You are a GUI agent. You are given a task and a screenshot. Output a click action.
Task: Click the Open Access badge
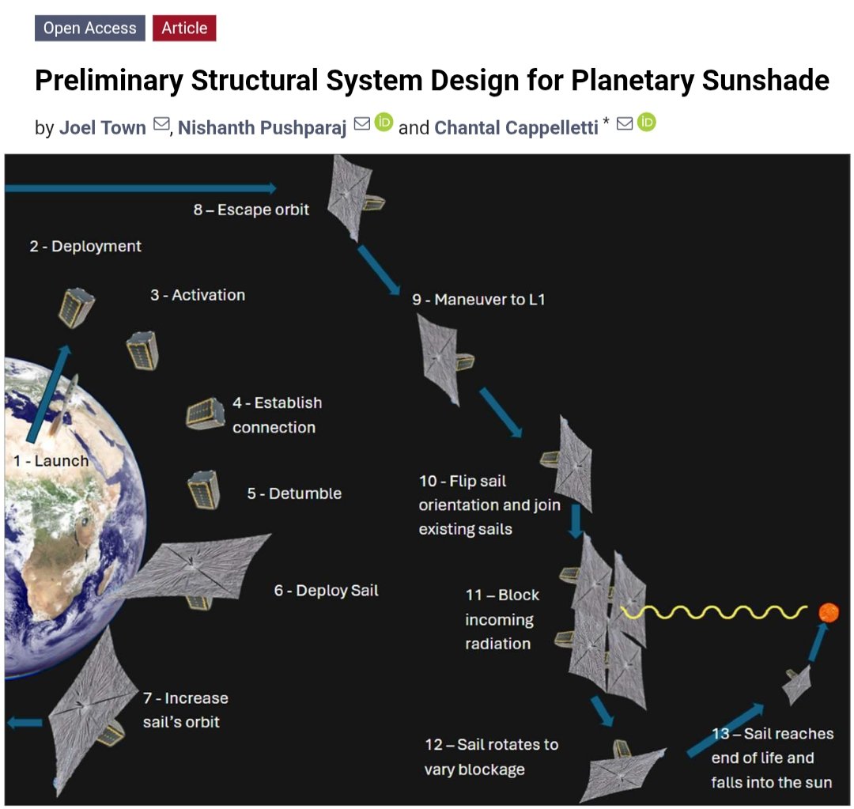tap(89, 28)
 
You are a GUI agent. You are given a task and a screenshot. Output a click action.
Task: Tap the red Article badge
tap(184, 28)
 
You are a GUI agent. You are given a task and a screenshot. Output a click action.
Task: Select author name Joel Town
tap(102, 127)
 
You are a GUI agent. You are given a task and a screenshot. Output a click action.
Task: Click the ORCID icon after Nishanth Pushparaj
tap(384, 123)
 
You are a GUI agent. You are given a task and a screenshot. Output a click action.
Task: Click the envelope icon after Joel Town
tap(161, 124)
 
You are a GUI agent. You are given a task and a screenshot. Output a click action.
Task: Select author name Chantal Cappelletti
tap(516, 127)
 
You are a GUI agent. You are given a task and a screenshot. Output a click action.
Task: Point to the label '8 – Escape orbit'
tap(251, 210)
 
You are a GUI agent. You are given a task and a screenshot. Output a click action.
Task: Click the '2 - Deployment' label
tap(85, 246)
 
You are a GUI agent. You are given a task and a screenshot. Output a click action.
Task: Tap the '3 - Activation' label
tap(198, 295)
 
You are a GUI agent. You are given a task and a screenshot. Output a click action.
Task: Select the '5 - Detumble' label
tap(294, 493)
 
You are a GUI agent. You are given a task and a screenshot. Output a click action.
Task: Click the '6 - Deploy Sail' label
tap(326, 591)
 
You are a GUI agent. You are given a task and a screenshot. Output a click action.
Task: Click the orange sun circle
tap(828, 611)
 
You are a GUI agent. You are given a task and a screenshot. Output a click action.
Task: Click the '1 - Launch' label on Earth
tap(51, 460)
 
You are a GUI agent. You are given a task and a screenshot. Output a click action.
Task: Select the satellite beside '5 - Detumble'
tap(203, 490)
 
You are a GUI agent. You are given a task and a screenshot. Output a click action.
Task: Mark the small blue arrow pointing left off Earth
tap(26, 722)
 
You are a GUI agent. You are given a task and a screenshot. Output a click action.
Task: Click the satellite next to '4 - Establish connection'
tap(206, 413)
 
